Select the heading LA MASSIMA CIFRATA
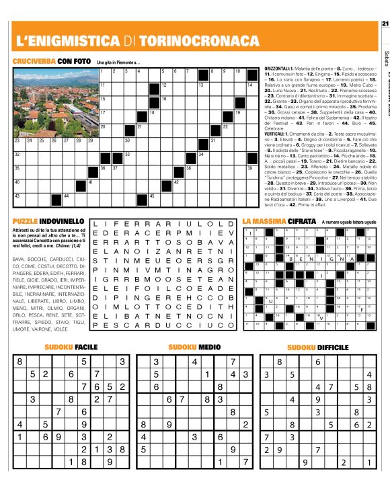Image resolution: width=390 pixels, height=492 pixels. pyautogui.click(x=278, y=220)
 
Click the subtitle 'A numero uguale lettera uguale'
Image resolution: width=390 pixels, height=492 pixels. pyautogui.click(x=353, y=221)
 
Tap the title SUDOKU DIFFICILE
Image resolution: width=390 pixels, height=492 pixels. pyautogui.click(x=318, y=347)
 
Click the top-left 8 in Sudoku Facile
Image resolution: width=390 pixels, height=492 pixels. pyautogui.click(x=19, y=362)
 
